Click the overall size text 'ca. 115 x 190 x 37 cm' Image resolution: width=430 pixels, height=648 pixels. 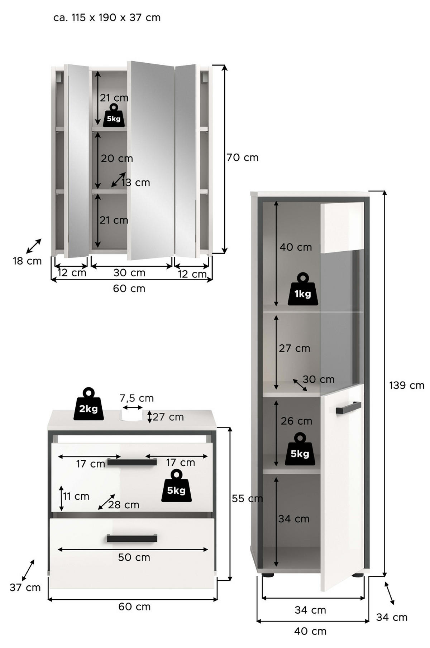[107, 18]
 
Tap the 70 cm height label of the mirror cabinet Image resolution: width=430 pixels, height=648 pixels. [243, 158]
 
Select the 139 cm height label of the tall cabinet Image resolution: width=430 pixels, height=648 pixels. [407, 385]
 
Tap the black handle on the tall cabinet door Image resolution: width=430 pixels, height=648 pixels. [348, 408]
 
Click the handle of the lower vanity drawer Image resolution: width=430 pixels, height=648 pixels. [132, 538]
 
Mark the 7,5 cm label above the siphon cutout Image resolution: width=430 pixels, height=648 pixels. [137, 398]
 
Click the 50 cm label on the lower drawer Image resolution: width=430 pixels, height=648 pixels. [134, 557]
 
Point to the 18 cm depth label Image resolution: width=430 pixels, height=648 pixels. [27, 261]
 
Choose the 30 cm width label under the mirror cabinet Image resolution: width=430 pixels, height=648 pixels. [129, 273]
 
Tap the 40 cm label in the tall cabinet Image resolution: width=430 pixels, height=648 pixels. [296, 247]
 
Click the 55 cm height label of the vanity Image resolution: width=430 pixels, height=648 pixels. [247, 498]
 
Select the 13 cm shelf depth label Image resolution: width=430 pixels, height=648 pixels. [135, 183]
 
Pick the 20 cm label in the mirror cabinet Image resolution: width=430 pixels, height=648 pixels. [117, 158]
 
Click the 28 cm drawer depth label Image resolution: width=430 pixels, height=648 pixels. [123, 505]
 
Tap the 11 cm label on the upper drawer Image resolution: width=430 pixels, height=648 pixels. [76, 496]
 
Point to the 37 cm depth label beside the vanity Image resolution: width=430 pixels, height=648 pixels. [25, 587]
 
